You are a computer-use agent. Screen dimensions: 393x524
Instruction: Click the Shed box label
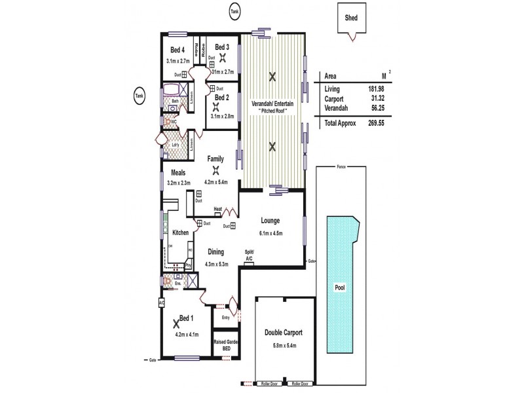point(351,19)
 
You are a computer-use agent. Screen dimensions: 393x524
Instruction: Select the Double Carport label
point(283,333)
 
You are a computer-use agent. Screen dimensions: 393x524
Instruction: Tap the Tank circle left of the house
point(138,95)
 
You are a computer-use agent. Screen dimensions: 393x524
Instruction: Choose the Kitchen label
point(180,233)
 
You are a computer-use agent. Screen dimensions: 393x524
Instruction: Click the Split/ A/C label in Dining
point(249,255)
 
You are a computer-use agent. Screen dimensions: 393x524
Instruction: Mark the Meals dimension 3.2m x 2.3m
point(178,183)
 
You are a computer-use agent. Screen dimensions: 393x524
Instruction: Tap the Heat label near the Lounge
point(217,209)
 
